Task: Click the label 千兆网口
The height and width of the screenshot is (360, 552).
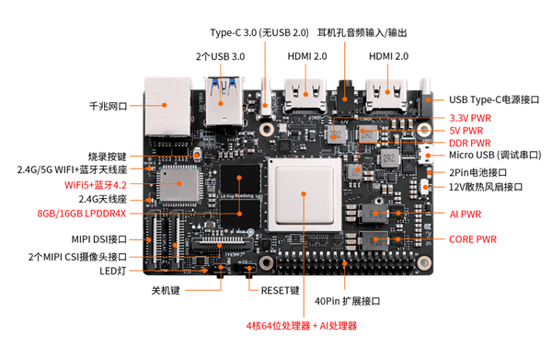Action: tap(109, 106)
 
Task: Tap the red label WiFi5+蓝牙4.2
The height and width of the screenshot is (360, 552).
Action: tap(96, 185)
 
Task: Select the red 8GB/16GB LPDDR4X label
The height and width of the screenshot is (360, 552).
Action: tap(82, 214)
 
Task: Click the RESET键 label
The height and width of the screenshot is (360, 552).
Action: tap(280, 291)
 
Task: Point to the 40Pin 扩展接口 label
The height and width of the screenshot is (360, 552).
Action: tap(347, 301)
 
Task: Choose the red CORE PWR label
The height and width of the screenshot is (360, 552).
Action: tap(473, 239)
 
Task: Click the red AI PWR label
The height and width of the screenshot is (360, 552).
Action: tap(465, 215)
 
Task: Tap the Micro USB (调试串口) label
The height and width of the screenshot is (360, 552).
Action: tap(495, 155)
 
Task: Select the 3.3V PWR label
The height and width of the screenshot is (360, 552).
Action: tap(470, 118)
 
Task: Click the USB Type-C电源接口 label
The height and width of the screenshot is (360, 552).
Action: tap(494, 100)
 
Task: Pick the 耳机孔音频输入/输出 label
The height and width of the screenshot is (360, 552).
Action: tap(362, 33)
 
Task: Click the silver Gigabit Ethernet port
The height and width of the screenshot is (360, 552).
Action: tap(168, 107)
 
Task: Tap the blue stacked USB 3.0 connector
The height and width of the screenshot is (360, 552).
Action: tap(224, 101)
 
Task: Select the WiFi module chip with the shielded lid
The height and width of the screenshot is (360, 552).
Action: tap(179, 184)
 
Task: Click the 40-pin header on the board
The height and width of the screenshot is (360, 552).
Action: tap(345, 263)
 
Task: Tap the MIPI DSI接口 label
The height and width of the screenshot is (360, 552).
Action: tap(99, 239)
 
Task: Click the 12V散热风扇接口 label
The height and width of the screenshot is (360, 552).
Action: tap(486, 187)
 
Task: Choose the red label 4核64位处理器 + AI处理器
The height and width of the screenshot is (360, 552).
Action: tap(302, 326)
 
